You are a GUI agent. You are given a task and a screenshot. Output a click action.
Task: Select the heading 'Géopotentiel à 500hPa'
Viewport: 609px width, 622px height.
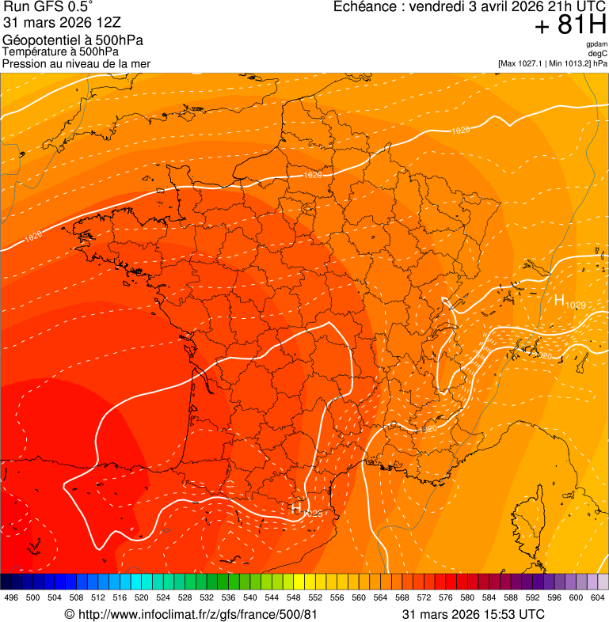[x=73, y=40]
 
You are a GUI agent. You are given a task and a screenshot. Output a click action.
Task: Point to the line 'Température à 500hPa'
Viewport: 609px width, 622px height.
[x=60, y=51]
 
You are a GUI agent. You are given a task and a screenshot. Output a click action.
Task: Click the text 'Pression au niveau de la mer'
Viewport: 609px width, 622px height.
[x=76, y=63]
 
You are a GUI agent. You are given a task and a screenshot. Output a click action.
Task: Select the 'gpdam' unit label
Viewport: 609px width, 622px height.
[x=596, y=44]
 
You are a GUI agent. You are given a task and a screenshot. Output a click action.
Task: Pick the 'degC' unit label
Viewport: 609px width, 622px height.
[x=598, y=53]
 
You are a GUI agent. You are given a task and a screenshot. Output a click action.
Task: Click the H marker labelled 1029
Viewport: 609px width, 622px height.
[x=559, y=300]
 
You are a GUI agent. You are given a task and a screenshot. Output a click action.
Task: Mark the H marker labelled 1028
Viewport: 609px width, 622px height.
[x=295, y=509]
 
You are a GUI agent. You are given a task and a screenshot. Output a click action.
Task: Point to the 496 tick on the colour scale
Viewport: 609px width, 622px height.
[x=11, y=598]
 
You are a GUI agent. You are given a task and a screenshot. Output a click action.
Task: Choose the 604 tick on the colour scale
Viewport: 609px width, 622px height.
[x=598, y=598]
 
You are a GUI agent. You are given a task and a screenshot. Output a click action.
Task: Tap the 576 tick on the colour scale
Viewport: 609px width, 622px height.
[x=446, y=598]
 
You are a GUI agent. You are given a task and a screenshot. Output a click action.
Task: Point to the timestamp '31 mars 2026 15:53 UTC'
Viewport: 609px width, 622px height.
[x=473, y=614]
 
